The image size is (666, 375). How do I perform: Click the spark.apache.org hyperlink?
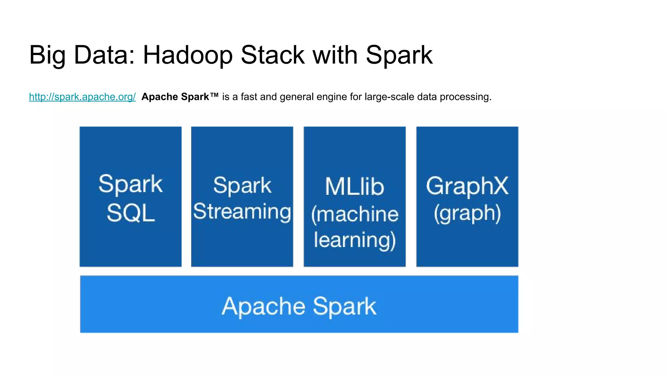pyautogui.click(x=82, y=97)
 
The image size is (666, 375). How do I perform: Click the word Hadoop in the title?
pyautogui.click(x=188, y=55)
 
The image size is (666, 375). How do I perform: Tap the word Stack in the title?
pyautogui.click(x=273, y=55)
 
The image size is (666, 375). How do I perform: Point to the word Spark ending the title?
pyautogui.click(x=399, y=55)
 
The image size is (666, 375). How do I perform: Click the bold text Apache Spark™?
pyautogui.click(x=180, y=97)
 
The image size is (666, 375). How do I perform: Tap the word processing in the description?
pyautogui.click(x=465, y=97)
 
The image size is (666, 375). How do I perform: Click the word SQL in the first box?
pyautogui.click(x=131, y=213)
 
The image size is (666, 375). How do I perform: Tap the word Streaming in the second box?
pyautogui.click(x=242, y=212)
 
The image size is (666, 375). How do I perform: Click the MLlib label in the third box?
pyautogui.click(x=354, y=187)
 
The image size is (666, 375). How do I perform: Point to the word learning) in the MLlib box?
pyautogui.click(x=354, y=240)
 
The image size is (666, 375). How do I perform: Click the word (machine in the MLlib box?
pyautogui.click(x=354, y=214)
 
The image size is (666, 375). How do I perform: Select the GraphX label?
pyautogui.click(x=467, y=186)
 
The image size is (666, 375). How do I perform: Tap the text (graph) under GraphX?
pyautogui.click(x=467, y=214)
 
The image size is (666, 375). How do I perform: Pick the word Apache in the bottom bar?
pyautogui.click(x=263, y=306)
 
